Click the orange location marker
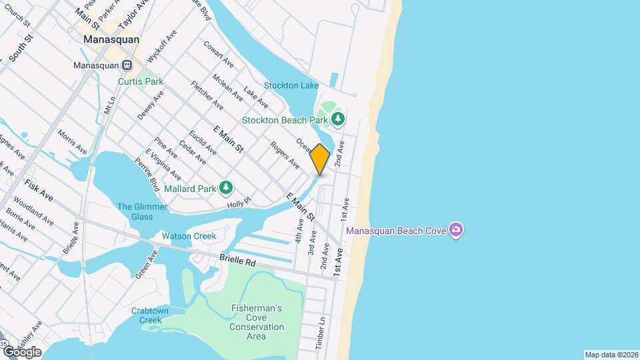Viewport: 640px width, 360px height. (320, 159)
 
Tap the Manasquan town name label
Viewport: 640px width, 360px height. (111, 39)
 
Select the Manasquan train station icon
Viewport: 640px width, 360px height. (127, 66)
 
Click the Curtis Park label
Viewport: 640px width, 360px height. (141, 81)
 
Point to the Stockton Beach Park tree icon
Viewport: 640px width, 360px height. (339, 119)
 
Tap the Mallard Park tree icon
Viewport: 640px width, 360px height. (227, 188)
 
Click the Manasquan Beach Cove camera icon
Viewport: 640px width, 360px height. (456, 231)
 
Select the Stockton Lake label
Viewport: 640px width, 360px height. (291, 85)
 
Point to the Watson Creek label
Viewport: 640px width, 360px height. (189, 236)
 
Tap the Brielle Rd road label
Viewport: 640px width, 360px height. (237, 263)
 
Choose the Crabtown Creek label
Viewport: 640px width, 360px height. (147, 315)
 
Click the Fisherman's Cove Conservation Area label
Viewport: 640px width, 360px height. (257, 322)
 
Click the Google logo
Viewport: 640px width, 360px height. (21, 352)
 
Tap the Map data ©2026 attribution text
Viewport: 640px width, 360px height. (611, 355)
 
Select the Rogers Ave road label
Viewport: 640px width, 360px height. (285, 155)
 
